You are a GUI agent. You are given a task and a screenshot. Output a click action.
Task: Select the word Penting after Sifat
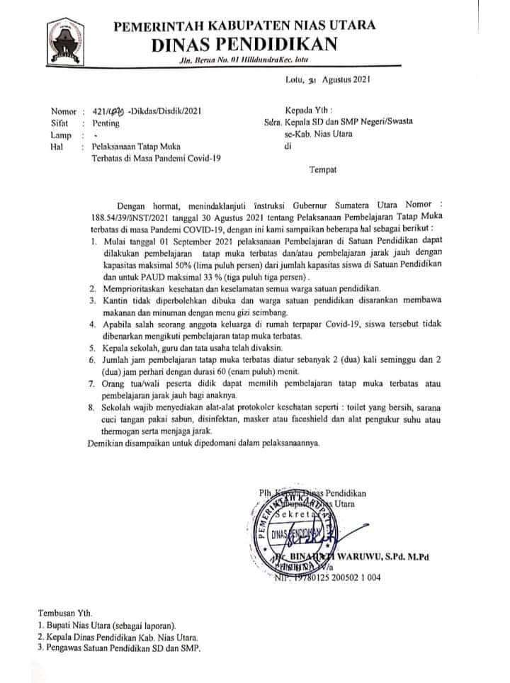pos(106,123)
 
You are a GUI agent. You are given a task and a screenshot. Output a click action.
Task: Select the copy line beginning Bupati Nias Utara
pos(112,625)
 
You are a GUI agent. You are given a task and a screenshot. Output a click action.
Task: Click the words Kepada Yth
pos(305,111)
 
